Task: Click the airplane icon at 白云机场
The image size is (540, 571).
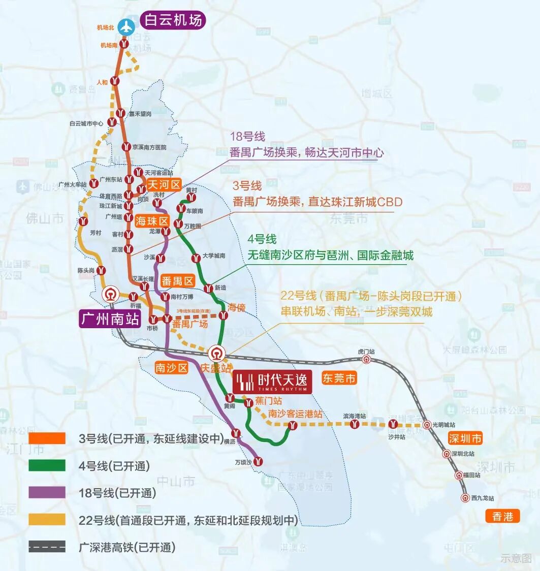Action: click(x=125, y=26)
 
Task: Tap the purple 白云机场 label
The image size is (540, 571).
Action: click(x=173, y=20)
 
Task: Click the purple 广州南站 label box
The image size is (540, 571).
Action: click(x=109, y=319)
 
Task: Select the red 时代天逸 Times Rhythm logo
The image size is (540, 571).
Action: click(x=272, y=382)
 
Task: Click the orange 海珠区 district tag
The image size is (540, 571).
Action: click(x=152, y=221)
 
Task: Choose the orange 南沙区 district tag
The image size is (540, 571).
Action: click(x=172, y=368)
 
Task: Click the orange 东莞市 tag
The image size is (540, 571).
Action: click(x=339, y=378)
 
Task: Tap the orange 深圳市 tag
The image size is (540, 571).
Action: click(x=465, y=438)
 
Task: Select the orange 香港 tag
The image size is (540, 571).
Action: click(x=502, y=517)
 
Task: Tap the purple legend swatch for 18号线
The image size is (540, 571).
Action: click(x=47, y=492)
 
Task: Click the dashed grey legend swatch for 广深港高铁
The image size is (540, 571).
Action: click(x=47, y=547)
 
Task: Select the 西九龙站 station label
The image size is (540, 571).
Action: click(x=482, y=499)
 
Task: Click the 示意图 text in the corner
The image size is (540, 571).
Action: click(x=515, y=558)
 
